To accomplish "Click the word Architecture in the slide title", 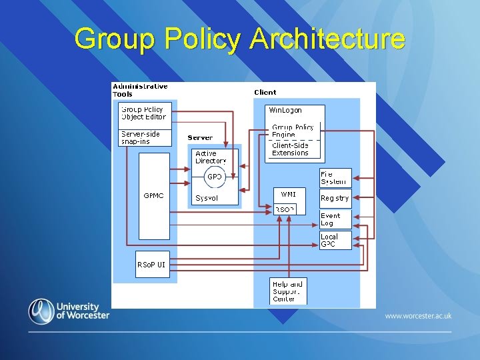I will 327,39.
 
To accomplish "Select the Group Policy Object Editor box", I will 144,113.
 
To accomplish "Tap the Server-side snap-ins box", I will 144,137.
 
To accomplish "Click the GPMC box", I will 154,196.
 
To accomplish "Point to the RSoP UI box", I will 151,265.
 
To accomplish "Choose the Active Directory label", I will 211,157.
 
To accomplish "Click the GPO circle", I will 214,177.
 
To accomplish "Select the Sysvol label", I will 207,198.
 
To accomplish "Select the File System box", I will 335,178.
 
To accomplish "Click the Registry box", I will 335,198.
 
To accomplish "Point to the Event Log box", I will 335,219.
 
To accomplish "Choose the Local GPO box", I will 335,241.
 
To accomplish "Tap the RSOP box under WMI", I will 285,209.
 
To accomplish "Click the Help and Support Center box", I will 288,291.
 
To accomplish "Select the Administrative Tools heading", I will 140,90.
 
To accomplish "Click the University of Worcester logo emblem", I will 41,311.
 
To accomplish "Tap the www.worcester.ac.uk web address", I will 418,315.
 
